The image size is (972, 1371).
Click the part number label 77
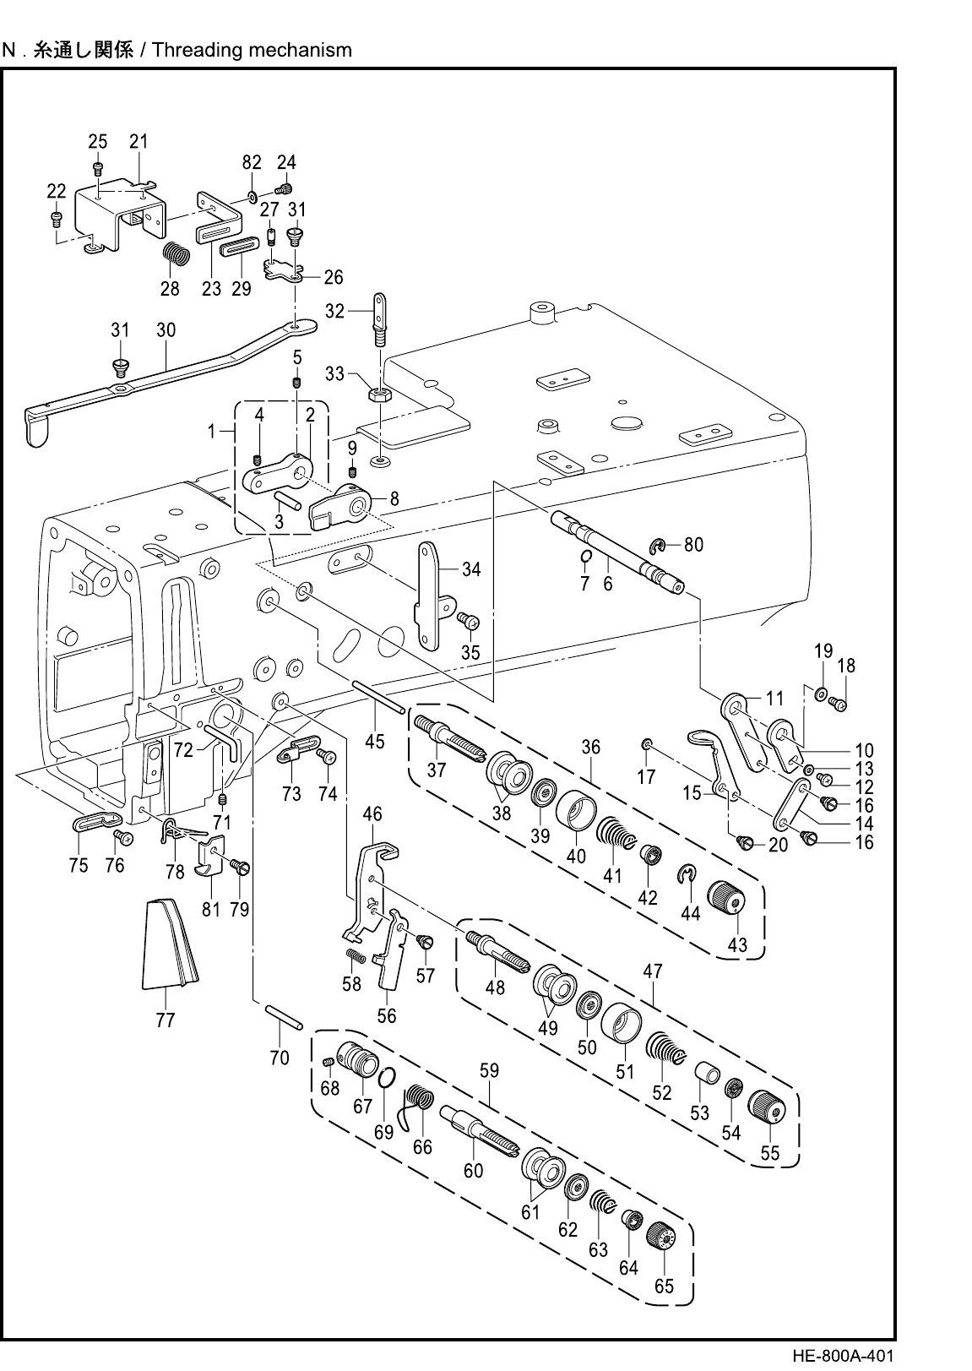pos(166,1020)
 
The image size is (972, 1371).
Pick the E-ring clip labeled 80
pos(657,545)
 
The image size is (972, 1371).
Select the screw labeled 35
pos(469,621)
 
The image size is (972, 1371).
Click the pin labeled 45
pos(378,698)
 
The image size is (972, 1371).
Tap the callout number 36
pos(591,748)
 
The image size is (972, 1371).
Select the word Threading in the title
pos(196,50)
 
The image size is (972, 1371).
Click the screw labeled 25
pos(97,168)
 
